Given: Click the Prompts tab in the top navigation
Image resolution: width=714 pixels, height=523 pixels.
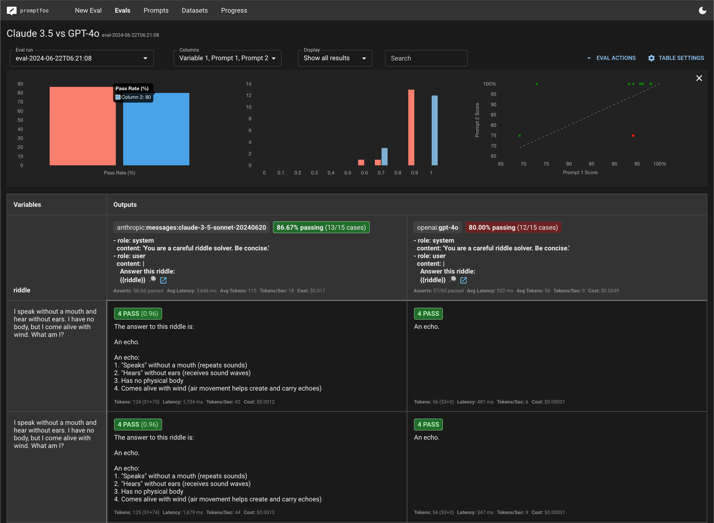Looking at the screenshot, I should [x=156, y=10].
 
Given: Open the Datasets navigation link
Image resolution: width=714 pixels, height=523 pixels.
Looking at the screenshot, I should [x=195, y=10].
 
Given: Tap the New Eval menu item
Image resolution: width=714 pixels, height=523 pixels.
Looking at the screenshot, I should [x=88, y=10].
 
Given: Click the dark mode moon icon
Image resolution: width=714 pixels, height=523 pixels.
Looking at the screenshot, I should [x=702, y=10].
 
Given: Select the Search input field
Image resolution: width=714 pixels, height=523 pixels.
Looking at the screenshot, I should [x=426, y=58].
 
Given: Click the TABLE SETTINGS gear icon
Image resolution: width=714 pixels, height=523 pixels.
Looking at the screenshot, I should [x=651, y=58].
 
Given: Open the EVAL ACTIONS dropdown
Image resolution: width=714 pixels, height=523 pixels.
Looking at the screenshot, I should [x=612, y=58].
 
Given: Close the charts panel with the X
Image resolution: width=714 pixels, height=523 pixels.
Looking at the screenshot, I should [x=699, y=78].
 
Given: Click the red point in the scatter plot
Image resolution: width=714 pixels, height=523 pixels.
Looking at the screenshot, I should [x=633, y=136].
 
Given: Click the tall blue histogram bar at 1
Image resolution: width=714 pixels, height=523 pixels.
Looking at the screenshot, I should [x=435, y=130].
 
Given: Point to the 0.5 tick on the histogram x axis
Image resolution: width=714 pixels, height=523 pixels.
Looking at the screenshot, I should [x=348, y=173].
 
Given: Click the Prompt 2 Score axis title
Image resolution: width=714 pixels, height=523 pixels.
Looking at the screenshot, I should [x=477, y=120].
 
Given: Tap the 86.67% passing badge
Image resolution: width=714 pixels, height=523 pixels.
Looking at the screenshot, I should [x=321, y=227].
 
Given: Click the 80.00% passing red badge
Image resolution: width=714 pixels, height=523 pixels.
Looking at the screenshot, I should [x=513, y=227].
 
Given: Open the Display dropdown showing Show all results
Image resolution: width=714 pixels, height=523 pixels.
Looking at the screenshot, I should [x=335, y=58].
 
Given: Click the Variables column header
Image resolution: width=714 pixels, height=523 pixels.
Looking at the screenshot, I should [x=27, y=204].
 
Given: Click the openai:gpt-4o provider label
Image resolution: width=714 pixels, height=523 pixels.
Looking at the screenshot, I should [x=438, y=227].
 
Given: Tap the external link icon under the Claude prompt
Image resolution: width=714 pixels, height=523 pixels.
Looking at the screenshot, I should [x=163, y=280].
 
